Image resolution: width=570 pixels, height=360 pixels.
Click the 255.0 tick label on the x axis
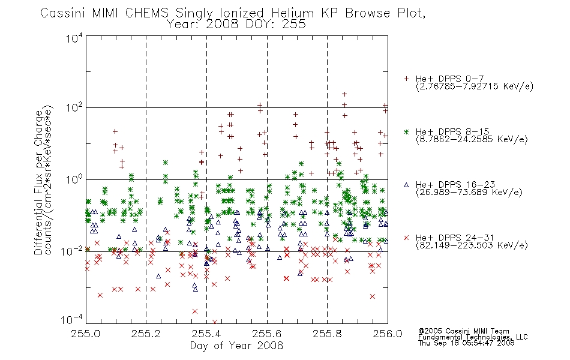85,334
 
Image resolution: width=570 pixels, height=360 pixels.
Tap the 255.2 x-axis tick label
146,334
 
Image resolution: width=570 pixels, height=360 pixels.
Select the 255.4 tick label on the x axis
206,334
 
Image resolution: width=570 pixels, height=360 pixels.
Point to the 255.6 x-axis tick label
267,334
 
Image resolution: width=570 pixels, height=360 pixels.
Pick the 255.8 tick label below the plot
327,334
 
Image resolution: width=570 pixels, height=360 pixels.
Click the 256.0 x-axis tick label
388,334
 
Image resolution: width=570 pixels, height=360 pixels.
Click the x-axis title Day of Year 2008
236,346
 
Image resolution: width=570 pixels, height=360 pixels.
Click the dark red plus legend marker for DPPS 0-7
406,79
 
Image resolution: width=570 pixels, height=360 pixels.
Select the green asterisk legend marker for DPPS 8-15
406,131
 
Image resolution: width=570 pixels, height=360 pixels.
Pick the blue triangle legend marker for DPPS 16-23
406,185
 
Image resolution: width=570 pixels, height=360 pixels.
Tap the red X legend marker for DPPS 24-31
406,238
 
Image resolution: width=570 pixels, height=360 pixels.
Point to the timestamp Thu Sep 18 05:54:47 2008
466,343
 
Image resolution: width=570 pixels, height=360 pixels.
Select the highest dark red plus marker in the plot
344,94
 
